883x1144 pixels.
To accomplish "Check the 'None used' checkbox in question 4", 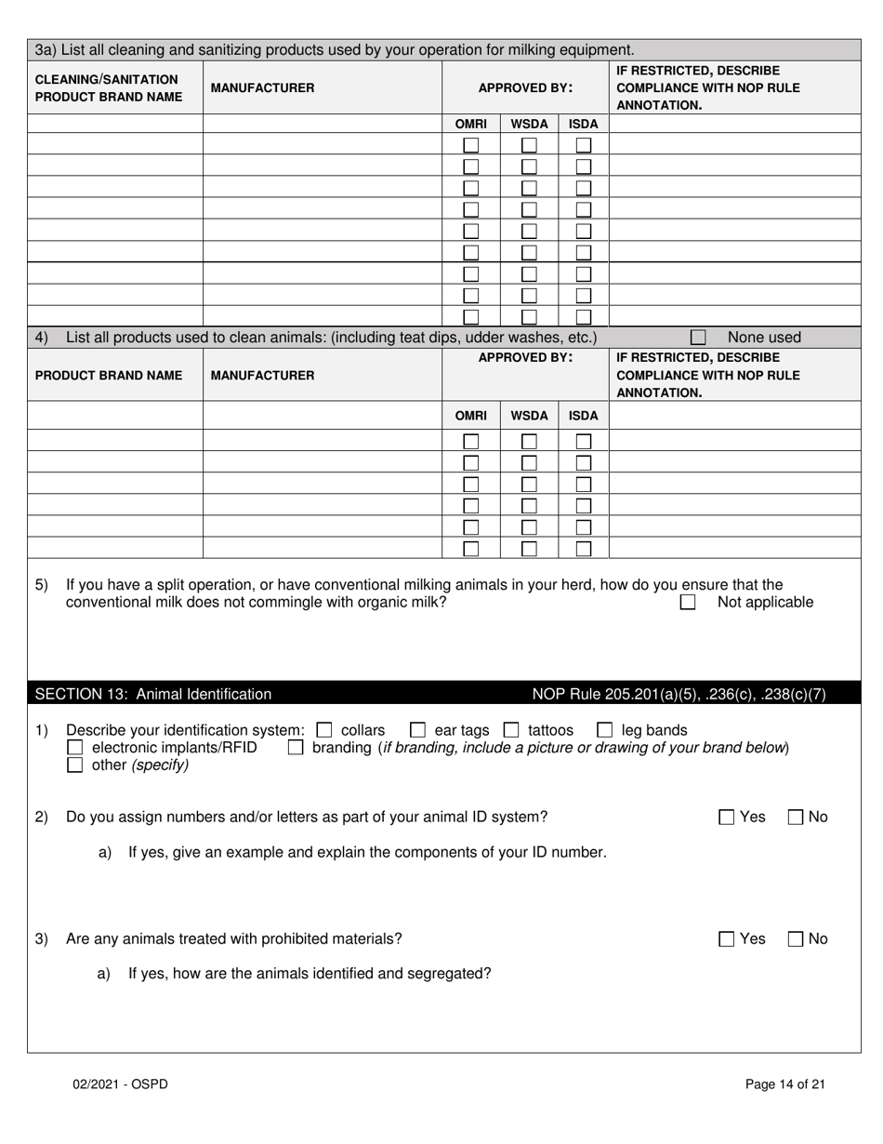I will pos(698,338).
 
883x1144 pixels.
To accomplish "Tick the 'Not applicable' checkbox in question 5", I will pos(688,603).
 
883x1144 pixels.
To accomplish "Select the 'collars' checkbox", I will pos(324,730).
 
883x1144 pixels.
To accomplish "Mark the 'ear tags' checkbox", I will pos(418,730).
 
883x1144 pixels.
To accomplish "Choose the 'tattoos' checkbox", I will pos(511,730).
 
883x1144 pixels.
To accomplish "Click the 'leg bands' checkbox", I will pos(605,730).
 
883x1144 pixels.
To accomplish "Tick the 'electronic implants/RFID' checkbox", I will pos(75,748).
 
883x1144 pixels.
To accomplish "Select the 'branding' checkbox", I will pos(296,748).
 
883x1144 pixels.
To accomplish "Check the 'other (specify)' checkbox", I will pos(75,765).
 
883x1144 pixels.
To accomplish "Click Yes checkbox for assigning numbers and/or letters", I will pos(727,818).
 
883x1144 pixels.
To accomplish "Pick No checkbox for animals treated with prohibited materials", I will pos(796,939).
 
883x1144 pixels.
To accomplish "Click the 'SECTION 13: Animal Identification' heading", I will pos(153,694).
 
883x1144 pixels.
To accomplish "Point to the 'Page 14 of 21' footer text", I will pos(785,1084).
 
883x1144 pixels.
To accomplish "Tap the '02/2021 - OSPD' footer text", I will pos(121,1084).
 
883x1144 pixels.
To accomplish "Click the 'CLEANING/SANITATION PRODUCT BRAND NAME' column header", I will pos(106,87).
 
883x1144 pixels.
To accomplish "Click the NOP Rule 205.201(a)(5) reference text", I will pos(679,694).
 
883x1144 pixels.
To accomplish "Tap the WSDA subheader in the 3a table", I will pos(529,124).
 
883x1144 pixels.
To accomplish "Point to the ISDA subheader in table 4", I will pos(583,416).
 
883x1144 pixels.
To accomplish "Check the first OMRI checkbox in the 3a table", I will pos(471,145).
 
